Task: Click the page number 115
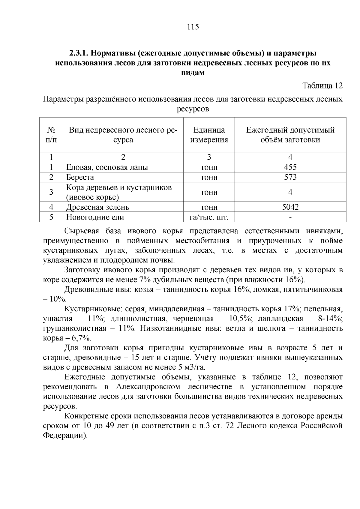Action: [193, 27]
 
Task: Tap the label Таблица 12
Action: [322, 86]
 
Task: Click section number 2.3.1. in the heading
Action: [79, 53]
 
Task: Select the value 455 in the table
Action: [290, 167]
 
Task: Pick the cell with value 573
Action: [290, 177]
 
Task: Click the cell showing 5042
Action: [290, 207]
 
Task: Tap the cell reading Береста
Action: [80, 177]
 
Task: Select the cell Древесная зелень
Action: [98, 207]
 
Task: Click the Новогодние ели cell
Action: [95, 217]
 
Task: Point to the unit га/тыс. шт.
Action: [209, 217]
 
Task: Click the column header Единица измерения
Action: [209, 135]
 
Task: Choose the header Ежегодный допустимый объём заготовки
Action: [290, 135]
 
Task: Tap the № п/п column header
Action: [51, 135]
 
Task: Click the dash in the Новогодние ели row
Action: [290, 217]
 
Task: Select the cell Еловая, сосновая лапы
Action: [107, 167]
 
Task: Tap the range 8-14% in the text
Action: [330, 319]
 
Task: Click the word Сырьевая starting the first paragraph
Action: [81, 231]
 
